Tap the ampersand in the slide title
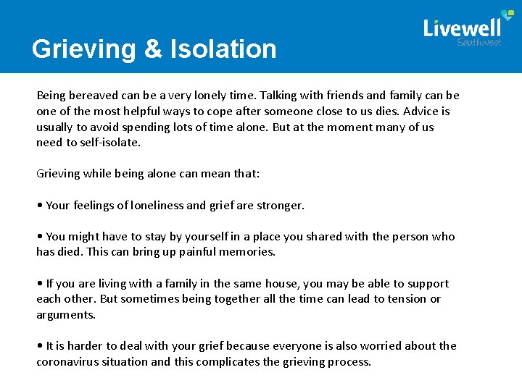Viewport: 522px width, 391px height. point(154,49)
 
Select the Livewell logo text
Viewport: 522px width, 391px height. point(462,28)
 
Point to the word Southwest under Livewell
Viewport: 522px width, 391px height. point(478,42)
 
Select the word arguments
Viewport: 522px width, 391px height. point(65,315)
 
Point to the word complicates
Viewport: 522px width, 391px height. point(230,362)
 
